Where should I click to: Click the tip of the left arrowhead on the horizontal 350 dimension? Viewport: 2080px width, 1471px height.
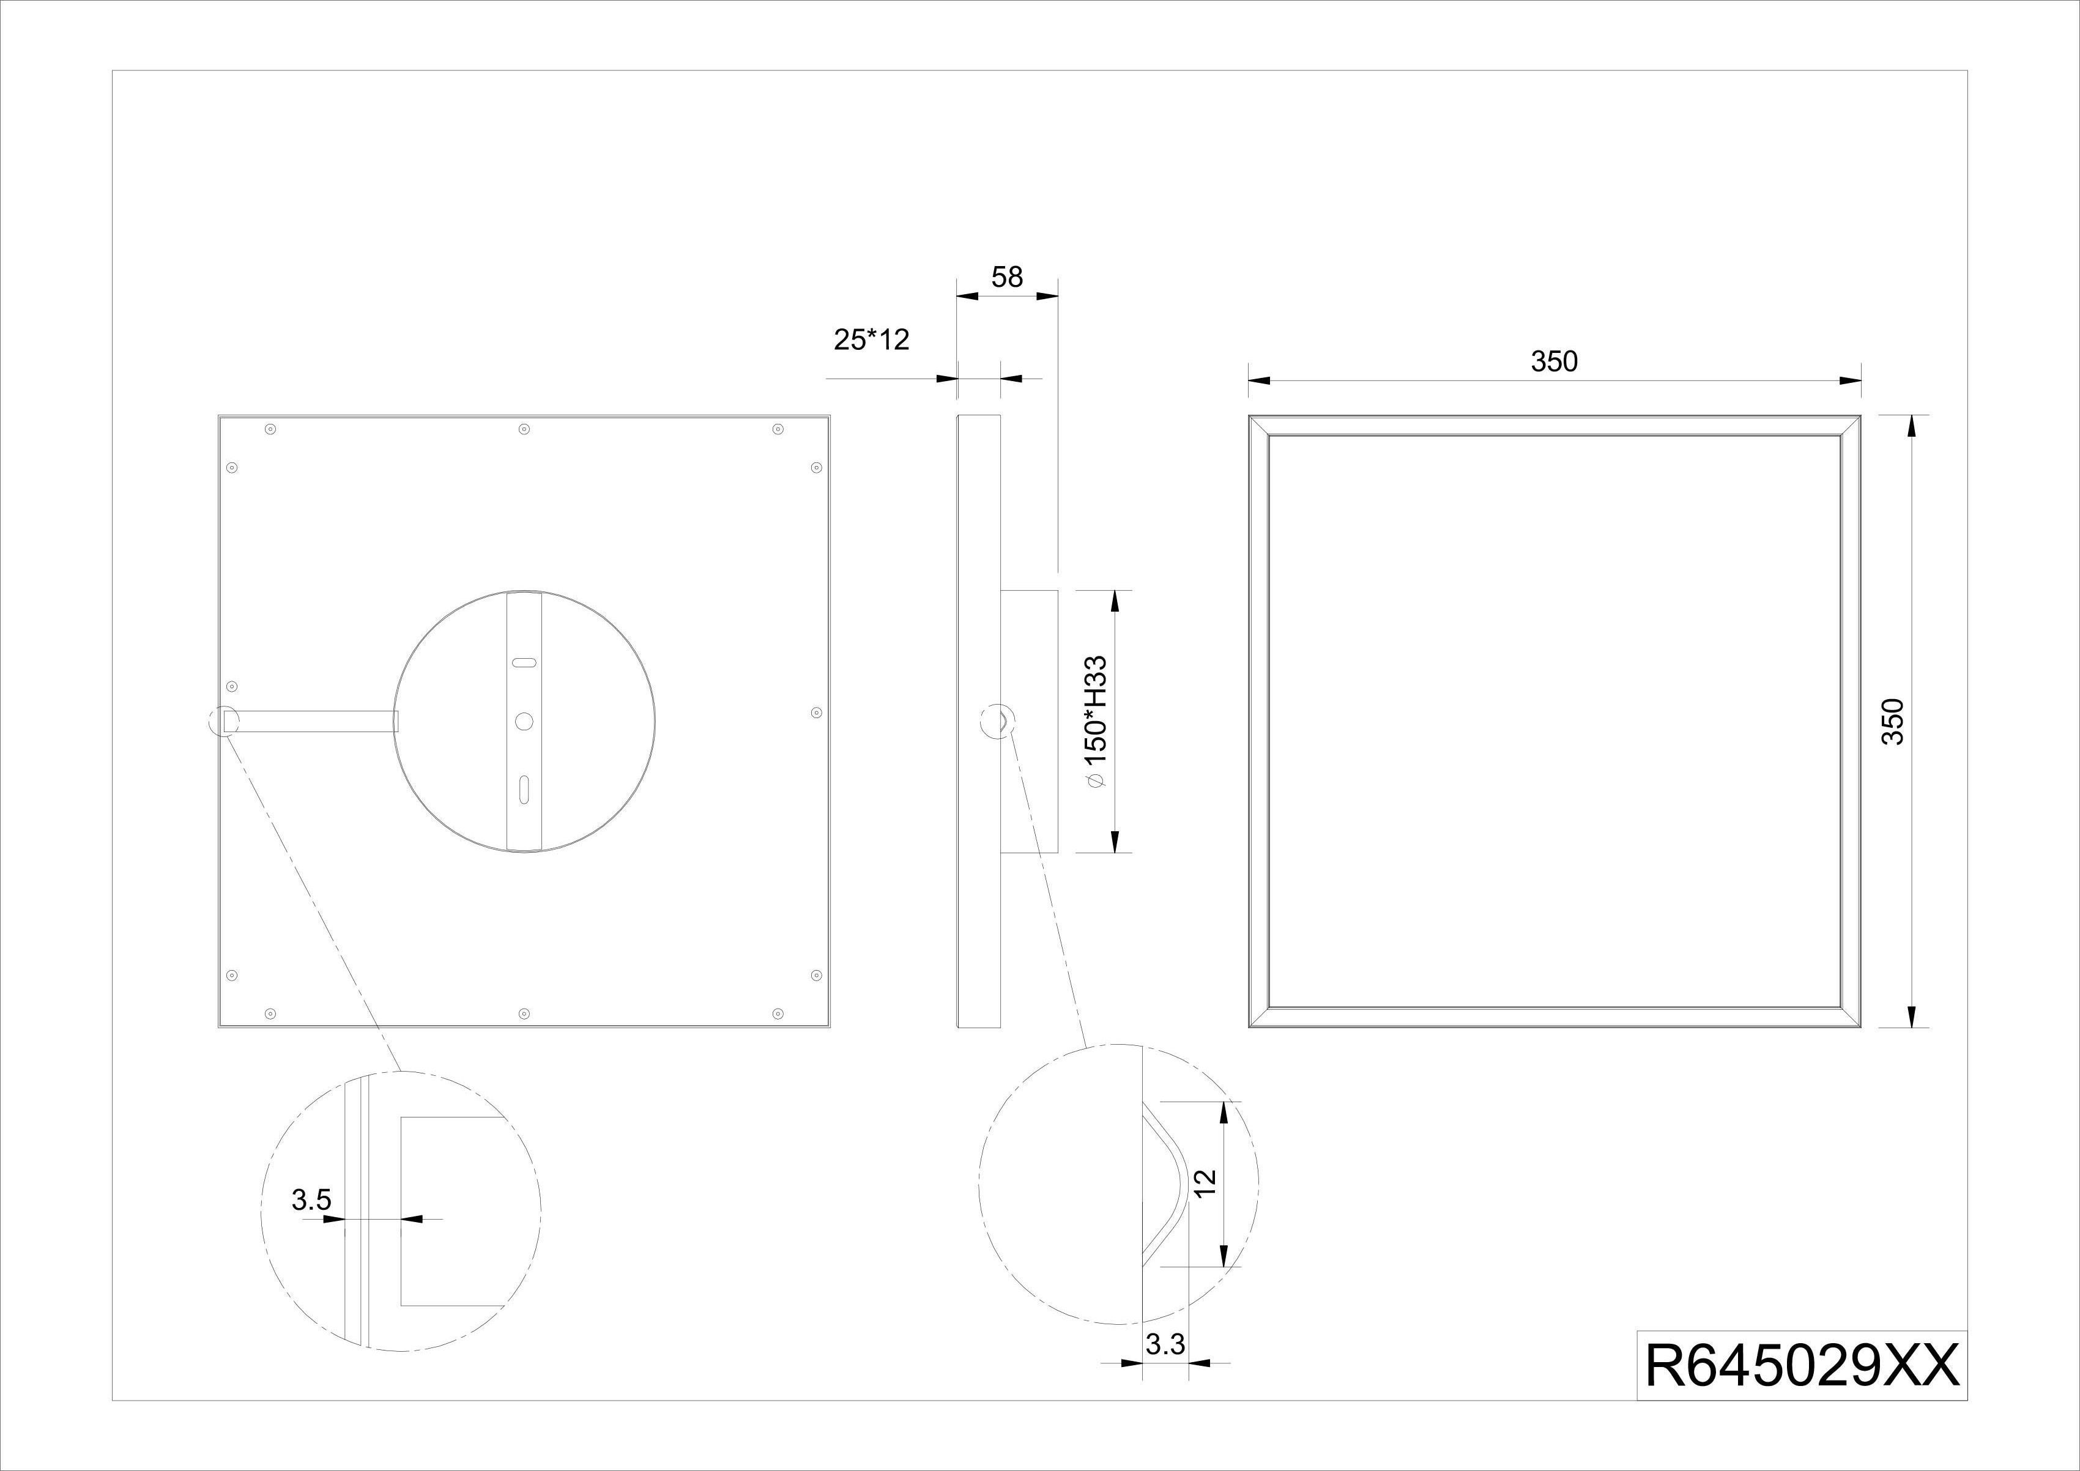pyautogui.click(x=1249, y=380)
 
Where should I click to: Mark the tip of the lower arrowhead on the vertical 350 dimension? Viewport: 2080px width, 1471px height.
pyautogui.click(x=1912, y=1027)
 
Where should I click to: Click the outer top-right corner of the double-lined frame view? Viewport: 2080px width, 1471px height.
pyautogui.click(x=1862, y=416)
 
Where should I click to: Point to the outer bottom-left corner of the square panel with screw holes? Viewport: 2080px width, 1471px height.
pyautogui.click(x=218, y=1027)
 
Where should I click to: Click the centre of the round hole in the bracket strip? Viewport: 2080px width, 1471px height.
pyautogui.click(x=524, y=721)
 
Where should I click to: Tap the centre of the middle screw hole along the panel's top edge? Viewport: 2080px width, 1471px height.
pyautogui.click(x=524, y=428)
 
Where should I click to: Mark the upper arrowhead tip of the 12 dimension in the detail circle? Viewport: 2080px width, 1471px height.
pyautogui.click(x=1225, y=1102)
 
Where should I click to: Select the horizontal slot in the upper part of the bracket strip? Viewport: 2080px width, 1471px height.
pyautogui.click(x=524, y=662)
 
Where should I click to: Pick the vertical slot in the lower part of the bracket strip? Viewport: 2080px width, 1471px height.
pyautogui.click(x=524, y=788)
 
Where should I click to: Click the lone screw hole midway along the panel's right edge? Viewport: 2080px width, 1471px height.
pyautogui.click(x=815, y=713)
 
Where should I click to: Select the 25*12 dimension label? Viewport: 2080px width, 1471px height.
pyautogui.click(x=871, y=339)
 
